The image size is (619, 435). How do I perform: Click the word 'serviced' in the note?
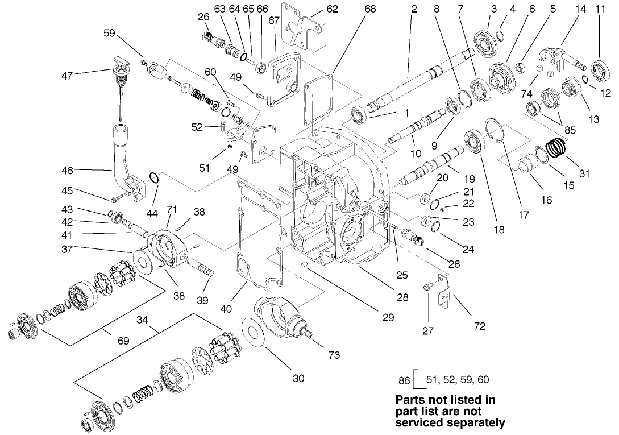pyautogui.click(x=419, y=422)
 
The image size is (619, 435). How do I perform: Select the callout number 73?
pyautogui.click(x=334, y=355)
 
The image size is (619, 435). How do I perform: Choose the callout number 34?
pyautogui.click(x=143, y=320)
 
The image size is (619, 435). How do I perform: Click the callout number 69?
pyautogui.click(x=123, y=341)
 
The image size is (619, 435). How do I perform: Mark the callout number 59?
pyautogui.click(x=109, y=34)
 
